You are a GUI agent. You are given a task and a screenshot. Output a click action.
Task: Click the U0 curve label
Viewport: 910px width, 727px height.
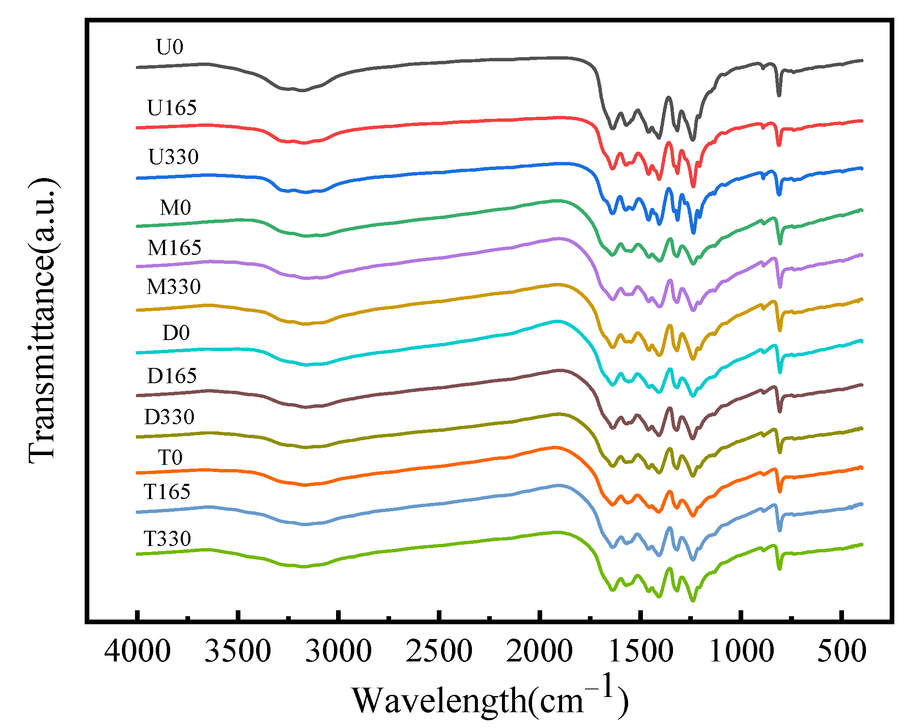pos(169,47)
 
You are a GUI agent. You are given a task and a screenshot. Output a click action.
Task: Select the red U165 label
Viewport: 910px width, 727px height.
pos(172,108)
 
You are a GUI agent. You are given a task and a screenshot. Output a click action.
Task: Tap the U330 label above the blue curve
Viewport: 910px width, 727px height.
pos(173,157)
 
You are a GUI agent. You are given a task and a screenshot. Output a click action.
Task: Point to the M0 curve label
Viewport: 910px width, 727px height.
pos(175,208)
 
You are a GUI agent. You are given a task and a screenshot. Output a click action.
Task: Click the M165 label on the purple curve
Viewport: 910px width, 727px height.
pos(174,248)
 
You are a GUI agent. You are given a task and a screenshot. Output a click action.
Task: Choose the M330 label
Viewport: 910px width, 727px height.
pos(174,287)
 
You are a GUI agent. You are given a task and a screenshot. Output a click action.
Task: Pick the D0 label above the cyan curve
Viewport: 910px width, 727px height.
pos(176,333)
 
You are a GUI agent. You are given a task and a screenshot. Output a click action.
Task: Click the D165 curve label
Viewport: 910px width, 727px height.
pos(172,376)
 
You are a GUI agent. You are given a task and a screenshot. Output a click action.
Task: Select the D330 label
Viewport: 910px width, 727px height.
pos(169,417)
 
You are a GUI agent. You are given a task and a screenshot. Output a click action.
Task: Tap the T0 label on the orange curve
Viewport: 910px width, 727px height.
pos(170,458)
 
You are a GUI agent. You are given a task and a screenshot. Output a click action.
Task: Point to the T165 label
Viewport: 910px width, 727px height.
pos(167,492)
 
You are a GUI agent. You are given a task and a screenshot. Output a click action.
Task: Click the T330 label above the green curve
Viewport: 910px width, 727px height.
pos(167,539)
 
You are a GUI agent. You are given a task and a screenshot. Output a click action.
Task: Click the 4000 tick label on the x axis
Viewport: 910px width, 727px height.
pos(138,651)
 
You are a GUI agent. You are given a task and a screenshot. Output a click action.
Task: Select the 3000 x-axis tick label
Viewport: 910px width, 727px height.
pos(339,651)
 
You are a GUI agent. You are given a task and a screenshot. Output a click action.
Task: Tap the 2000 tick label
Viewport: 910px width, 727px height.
pos(540,651)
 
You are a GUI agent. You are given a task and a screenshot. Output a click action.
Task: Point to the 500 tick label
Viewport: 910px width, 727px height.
pos(841,651)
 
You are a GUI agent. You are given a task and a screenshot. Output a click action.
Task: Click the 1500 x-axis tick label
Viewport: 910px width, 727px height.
pos(641,651)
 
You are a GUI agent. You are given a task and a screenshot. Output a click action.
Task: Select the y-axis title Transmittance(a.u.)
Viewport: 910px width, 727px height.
pos(42,320)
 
